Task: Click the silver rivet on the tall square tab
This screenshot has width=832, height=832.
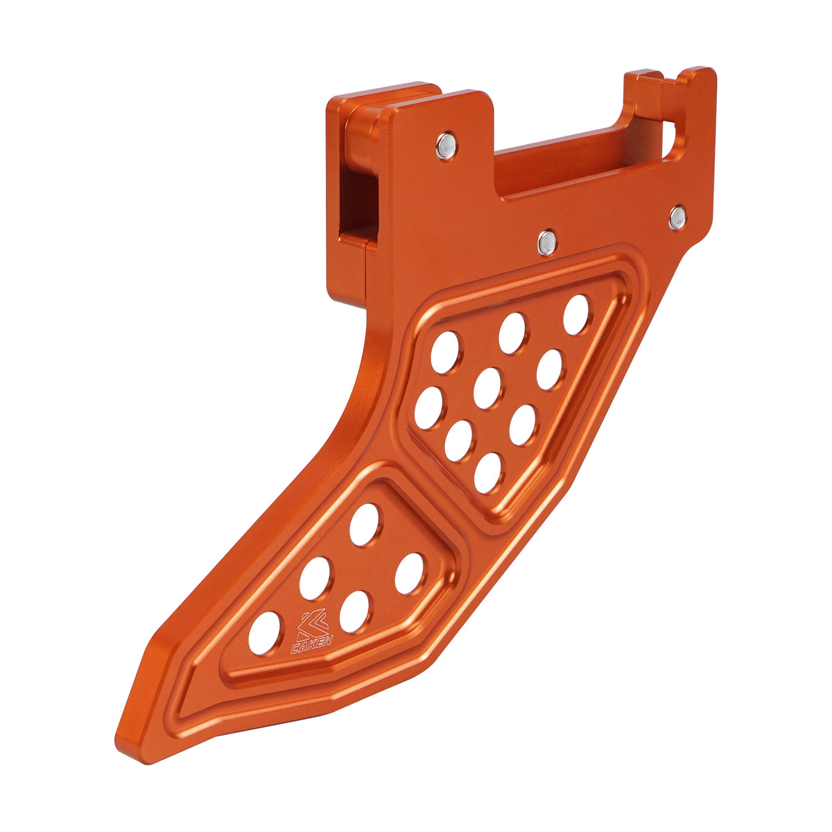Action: tap(446, 146)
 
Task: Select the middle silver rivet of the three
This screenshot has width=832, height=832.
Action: tap(547, 242)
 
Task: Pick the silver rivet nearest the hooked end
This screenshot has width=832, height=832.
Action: tap(678, 218)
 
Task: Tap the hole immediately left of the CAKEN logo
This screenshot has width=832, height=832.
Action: tap(264, 633)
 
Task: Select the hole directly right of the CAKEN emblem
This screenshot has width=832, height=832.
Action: tap(354, 612)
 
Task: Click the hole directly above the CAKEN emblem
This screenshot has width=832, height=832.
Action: tap(315, 578)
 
